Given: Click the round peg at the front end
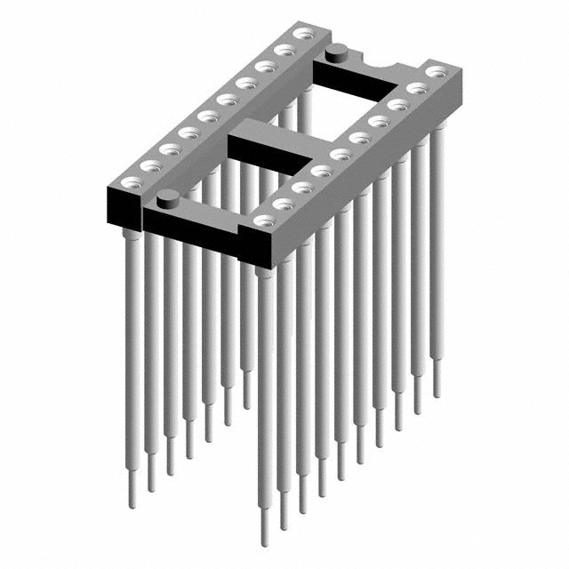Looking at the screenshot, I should (166, 198).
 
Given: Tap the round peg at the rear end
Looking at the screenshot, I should (337, 52).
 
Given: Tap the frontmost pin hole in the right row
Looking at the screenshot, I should (261, 220).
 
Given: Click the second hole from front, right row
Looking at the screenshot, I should (284, 204).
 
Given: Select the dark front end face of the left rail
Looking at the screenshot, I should (123, 205).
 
